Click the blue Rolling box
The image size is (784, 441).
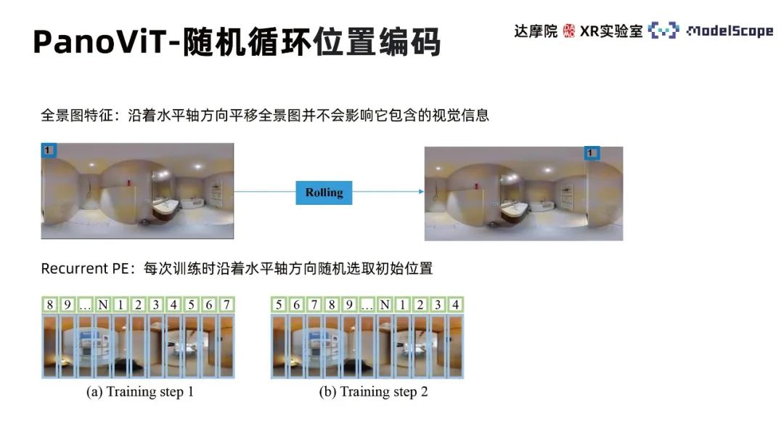324,193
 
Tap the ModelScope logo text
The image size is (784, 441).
729,31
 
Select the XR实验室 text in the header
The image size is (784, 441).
611,31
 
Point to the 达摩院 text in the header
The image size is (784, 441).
536,31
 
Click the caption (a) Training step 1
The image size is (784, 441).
140,392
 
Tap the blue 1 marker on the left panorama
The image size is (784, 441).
48,150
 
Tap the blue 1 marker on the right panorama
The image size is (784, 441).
592,153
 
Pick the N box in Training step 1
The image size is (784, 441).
103,304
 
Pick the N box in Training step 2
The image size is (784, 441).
385,304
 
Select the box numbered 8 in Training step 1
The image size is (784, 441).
49,304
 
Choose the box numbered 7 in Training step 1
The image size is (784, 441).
226,304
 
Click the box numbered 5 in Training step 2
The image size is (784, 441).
279,304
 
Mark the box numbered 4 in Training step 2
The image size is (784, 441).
455,304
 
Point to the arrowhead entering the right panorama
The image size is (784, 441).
420,192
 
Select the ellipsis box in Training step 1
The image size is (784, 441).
85,304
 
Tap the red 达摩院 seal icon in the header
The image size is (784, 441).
569,31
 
